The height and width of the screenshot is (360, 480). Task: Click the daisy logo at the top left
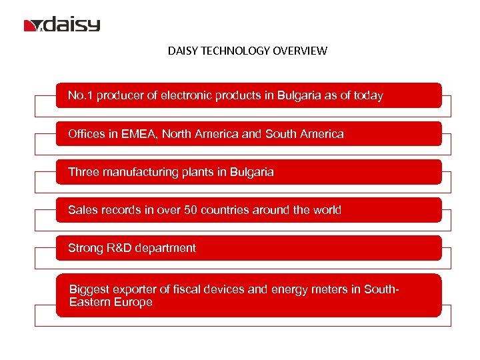[x=62, y=25]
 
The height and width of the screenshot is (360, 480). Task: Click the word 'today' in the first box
[x=368, y=95]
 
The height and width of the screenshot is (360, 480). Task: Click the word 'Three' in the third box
[x=83, y=172]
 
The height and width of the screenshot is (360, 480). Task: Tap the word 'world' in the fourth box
[x=325, y=210]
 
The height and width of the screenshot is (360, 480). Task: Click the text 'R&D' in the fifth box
[x=117, y=248]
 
